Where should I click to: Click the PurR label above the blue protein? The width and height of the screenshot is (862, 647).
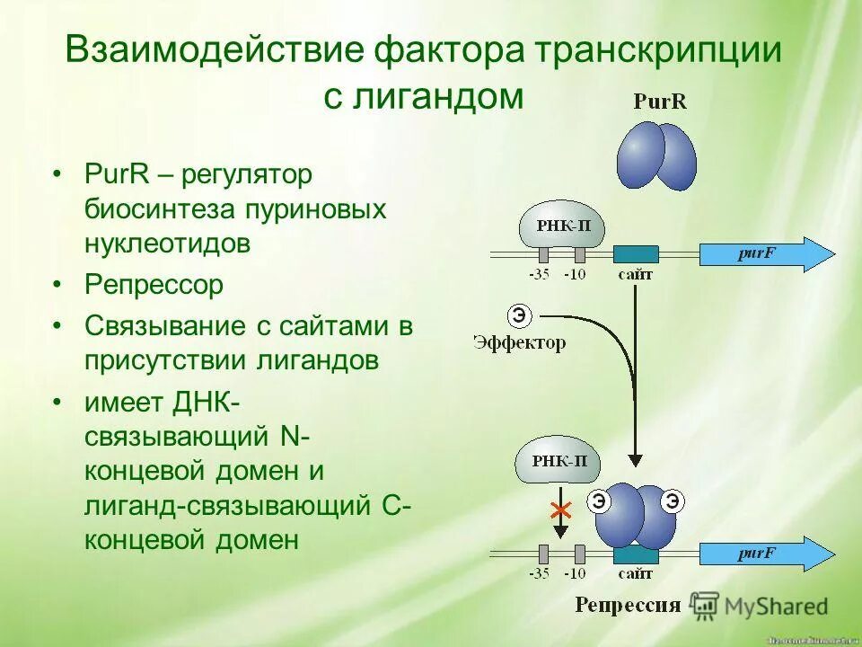click(x=659, y=102)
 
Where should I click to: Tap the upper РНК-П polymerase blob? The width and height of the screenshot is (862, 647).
click(x=562, y=226)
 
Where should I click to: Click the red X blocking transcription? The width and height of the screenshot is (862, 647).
click(x=561, y=510)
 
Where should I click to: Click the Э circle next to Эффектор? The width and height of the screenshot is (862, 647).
click(x=519, y=315)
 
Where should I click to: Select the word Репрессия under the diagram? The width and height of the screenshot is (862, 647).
click(x=629, y=604)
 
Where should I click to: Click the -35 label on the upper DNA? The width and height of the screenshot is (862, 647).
click(x=539, y=275)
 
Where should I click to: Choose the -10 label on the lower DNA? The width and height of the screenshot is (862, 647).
click(x=575, y=573)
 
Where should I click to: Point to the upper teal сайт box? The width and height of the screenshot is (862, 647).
click(x=636, y=255)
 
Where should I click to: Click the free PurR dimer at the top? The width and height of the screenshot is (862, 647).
click(x=656, y=155)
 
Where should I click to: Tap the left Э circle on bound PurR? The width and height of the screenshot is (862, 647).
click(x=598, y=501)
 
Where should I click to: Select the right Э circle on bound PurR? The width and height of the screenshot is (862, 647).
click(x=671, y=501)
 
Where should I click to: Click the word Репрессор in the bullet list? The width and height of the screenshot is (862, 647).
click(x=154, y=286)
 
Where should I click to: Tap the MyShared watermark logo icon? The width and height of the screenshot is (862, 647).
click(x=706, y=605)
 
